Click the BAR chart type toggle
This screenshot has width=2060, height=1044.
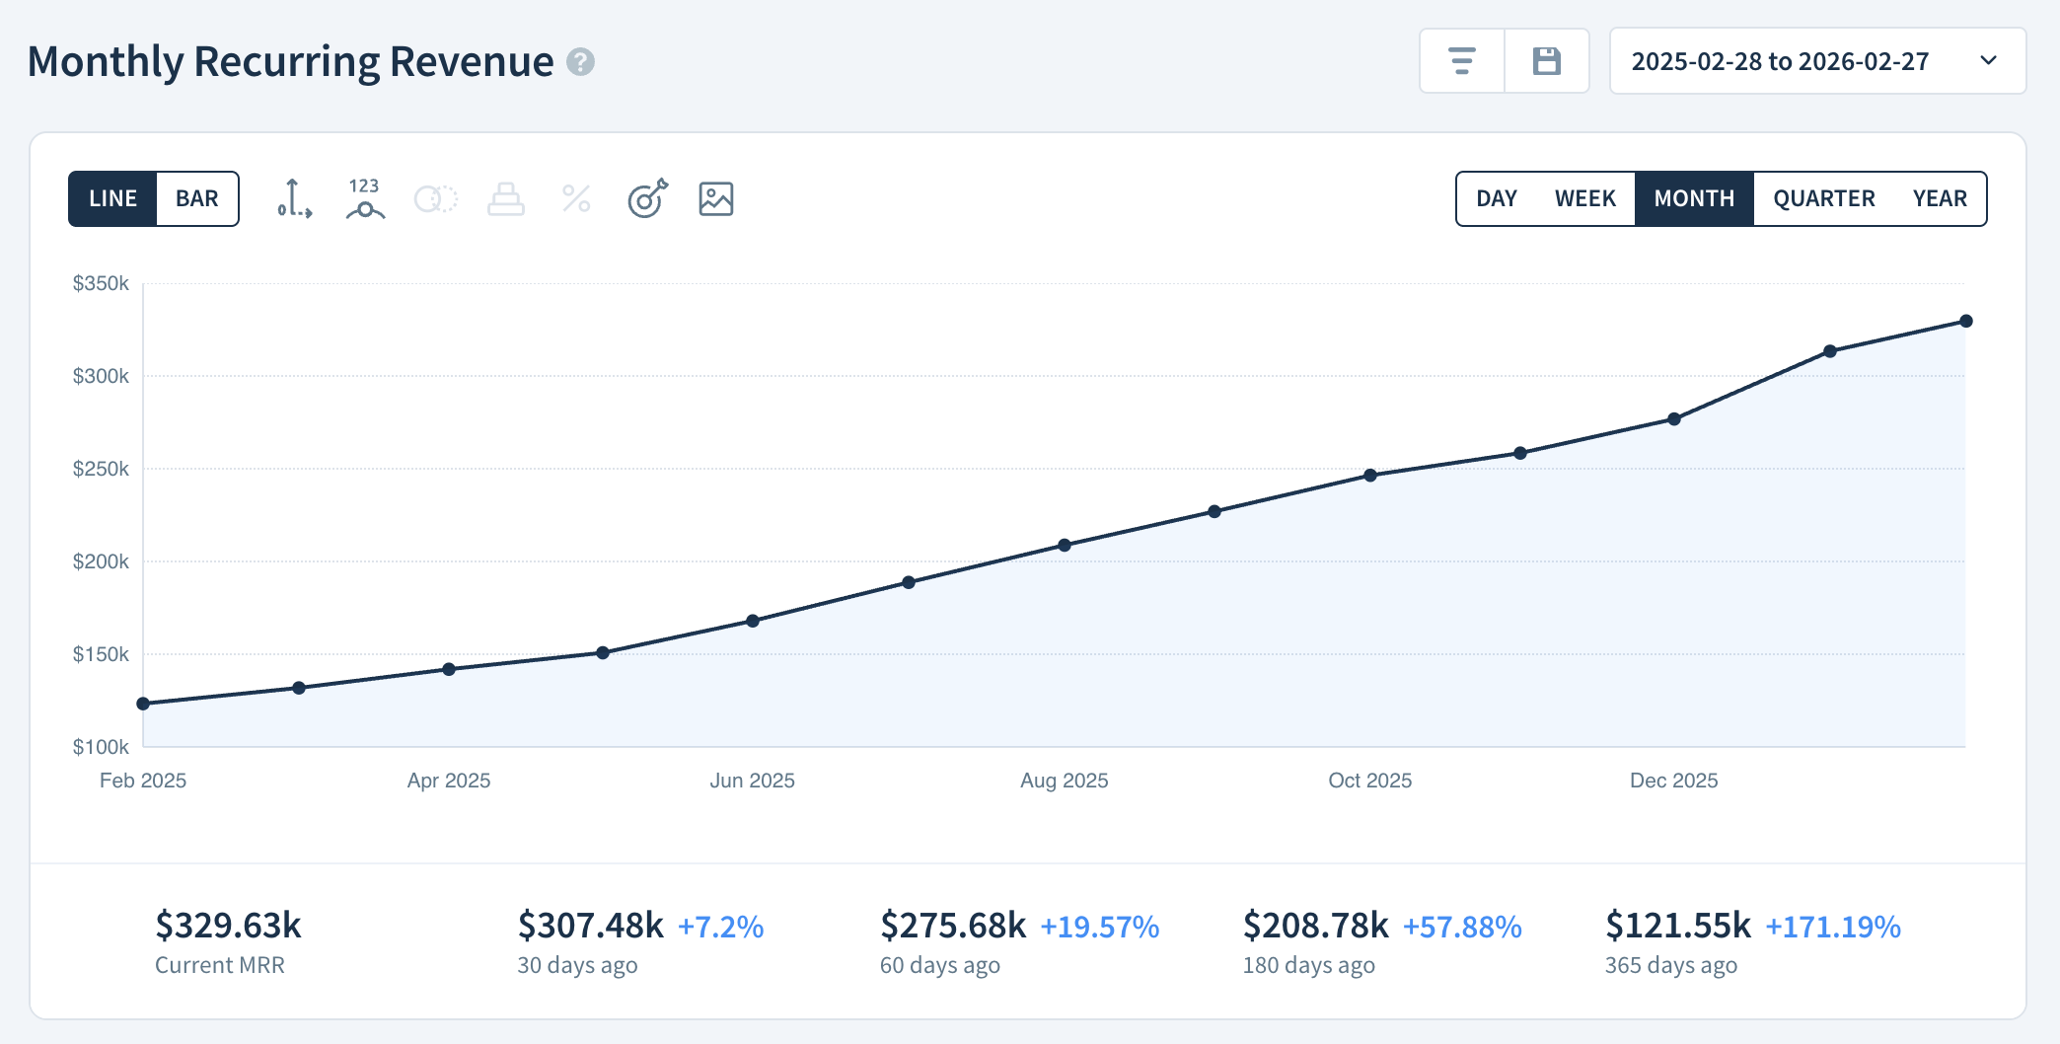coord(197,198)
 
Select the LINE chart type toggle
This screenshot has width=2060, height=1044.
coord(112,198)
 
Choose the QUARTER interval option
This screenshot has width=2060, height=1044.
coord(1823,198)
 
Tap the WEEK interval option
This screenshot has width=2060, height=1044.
coord(1584,198)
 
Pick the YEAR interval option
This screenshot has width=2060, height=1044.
coord(1939,198)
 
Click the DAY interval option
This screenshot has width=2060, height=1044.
coord(1496,198)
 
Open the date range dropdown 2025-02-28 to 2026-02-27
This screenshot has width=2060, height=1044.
coord(1817,61)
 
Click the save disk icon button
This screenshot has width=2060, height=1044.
coord(1546,61)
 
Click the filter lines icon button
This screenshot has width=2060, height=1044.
coord(1461,61)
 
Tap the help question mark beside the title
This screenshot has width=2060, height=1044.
coord(580,62)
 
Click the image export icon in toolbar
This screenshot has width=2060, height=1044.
coord(715,198)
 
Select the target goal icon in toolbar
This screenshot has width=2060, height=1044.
coord(647,198)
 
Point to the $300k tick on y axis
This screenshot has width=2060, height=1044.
coord(101,376)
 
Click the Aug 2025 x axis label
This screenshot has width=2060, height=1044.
coord(1064,781)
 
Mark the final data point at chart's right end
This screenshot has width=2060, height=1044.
coord(1965,321)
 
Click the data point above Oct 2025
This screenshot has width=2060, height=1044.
coord(1370,475)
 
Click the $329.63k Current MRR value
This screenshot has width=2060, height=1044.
coord(228,926)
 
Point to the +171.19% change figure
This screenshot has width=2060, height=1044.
coord(1832,927)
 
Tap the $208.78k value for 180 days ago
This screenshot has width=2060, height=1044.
coord(1315,926)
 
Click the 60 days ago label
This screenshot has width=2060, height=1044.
coord(939,965)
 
